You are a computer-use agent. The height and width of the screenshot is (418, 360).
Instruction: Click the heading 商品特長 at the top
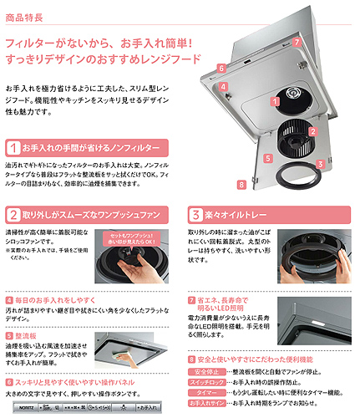click(26, 15)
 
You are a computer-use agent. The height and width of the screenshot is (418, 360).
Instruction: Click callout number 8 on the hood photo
click(241, 184)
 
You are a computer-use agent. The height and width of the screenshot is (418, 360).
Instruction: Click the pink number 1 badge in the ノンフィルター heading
click(13, 147)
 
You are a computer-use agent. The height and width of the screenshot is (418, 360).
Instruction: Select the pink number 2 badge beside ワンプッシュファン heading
click(13, 214)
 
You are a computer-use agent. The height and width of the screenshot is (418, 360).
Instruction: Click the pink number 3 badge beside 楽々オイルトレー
click(195, 214)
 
